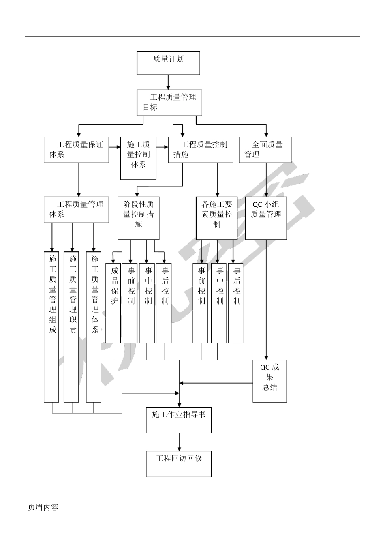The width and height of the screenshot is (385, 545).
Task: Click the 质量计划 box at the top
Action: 168,63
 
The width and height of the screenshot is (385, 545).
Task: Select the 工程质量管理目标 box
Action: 169,103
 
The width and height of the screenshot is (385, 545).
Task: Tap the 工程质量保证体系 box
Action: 76,150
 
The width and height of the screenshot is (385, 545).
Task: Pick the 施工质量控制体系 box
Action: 138,159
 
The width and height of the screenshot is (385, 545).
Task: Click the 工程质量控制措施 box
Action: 201,150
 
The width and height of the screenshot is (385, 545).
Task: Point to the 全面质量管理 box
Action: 265,150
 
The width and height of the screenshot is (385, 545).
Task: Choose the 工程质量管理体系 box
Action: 76,210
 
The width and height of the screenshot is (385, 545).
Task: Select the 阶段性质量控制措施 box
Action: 138,218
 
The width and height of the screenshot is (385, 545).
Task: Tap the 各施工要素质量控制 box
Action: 217,218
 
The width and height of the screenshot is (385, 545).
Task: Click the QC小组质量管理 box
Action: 266,218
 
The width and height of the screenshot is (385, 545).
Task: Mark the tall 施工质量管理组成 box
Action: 51,327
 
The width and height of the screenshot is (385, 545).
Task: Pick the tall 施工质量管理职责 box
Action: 71,327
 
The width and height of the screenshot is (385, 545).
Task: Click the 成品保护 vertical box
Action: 113,303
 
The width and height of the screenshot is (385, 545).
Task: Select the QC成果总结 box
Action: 270,381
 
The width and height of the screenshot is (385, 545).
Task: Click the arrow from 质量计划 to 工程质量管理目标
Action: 168,82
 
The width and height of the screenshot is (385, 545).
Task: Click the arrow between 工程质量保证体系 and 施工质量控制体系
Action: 115,147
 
